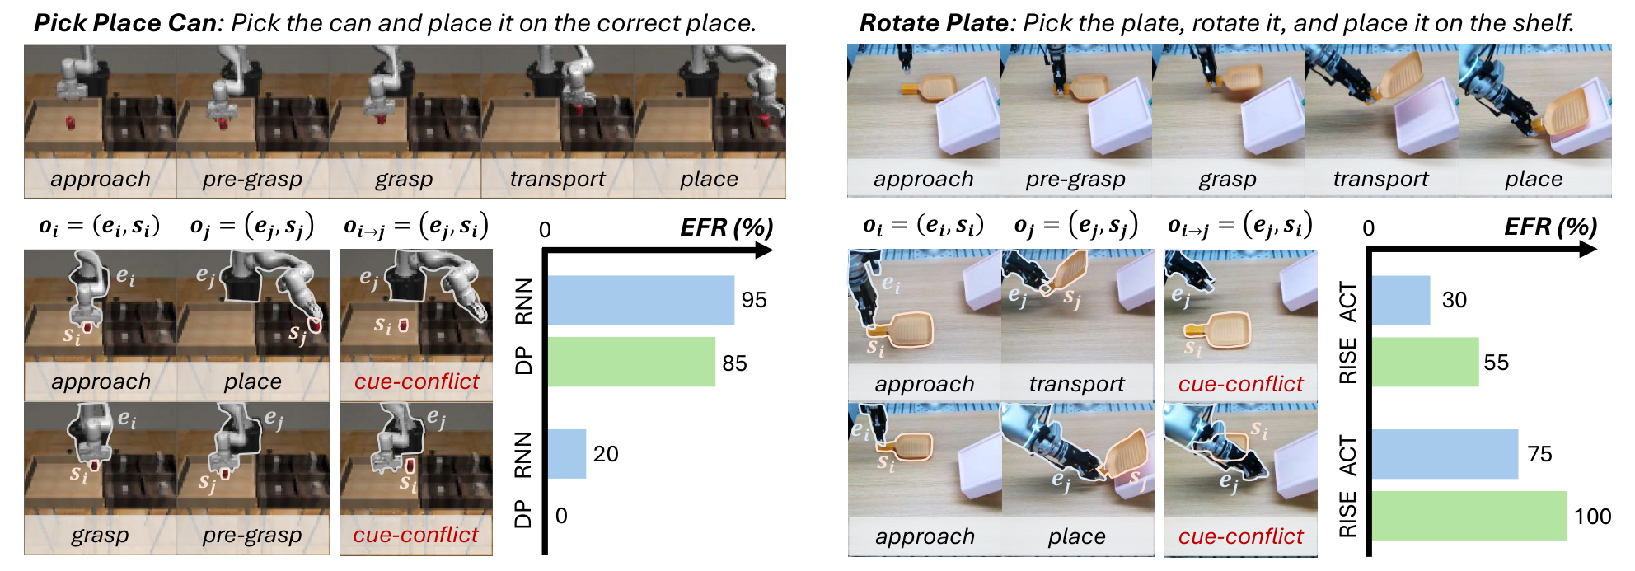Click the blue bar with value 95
point(640,300)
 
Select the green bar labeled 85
point(631,362)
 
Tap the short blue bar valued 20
point(567,454)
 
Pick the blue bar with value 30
point(1401,300)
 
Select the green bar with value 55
point(1425,362)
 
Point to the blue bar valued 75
point(1445,454)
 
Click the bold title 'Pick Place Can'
point(126,23)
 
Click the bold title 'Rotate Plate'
point(934,23)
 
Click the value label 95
point(754,300)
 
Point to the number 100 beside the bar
point(1592,517)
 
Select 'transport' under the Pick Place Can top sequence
point(557,179)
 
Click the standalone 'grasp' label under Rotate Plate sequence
point(1227,180)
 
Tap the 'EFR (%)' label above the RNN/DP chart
point(727,227)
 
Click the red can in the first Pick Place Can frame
point(71,124)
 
